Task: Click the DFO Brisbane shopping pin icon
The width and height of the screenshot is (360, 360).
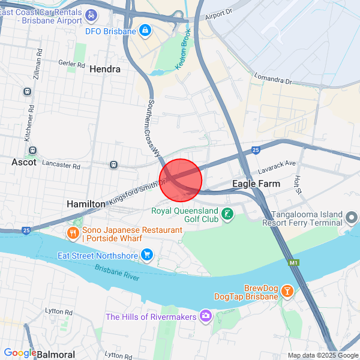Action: coord(145,29)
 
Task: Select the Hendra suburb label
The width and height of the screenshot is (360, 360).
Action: coord(105,69)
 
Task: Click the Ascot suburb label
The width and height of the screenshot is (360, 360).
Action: coord(24,162)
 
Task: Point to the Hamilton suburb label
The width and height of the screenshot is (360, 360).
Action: coord(86,204)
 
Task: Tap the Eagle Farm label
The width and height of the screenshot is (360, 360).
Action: coord(256,184)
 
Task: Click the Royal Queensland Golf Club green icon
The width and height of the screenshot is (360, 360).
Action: coord(227,214)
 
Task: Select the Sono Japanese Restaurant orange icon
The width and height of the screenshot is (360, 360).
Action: coord(73,233)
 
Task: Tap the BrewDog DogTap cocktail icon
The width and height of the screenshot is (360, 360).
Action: coord(287,292)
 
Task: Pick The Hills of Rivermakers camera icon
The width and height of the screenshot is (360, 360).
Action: coord(206,316)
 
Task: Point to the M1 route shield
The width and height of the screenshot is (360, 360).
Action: coord(293,263)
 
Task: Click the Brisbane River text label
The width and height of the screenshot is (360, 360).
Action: coord(116,272)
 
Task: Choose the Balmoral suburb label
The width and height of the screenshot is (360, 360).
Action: coord(56,354)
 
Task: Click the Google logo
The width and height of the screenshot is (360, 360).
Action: coord(19,353)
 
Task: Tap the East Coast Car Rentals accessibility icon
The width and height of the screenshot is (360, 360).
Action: coord(90,14)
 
